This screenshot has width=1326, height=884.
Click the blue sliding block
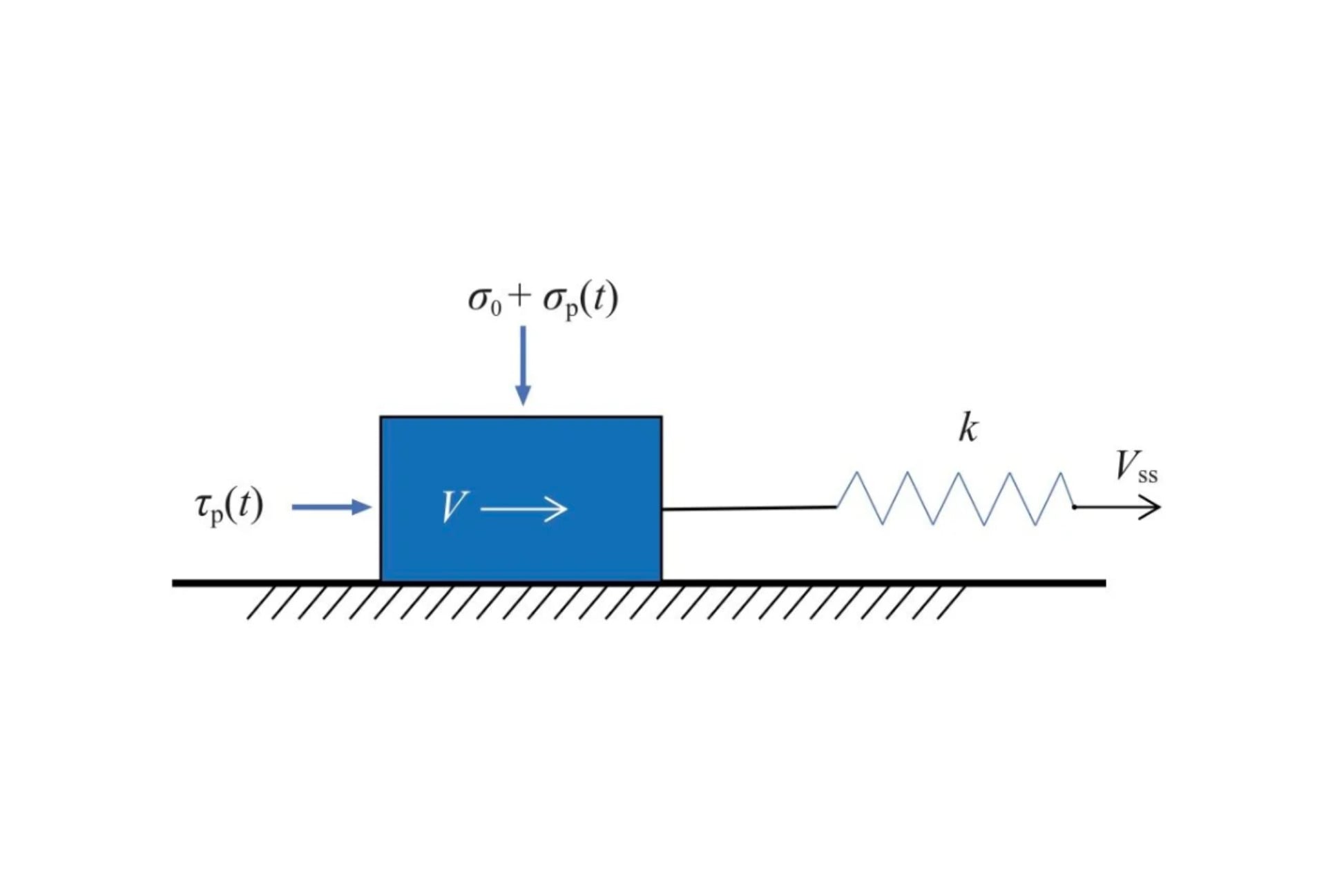[x=521, y=499]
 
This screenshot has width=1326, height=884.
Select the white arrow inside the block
[x=523, y=509]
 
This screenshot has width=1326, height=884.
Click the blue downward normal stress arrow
[x=523, y=365]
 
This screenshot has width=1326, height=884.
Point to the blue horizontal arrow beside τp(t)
[x=331, y=507]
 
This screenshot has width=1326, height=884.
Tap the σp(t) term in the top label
[x=580, y=300]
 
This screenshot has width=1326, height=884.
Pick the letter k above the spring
[x=968, y=427]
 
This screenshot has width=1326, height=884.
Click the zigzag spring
[x=955, y=499]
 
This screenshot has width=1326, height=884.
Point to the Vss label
[x=1137, y=466]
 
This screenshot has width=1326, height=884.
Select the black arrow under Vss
[x=1117, y=508]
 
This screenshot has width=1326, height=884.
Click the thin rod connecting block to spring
[x=749, y=508]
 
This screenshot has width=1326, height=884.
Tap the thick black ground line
[x=639, y=584]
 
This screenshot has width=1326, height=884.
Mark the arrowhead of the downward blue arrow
[x=523, y=395]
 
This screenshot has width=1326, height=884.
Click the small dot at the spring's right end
[x=1075, y=508]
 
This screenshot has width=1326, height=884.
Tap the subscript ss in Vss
[x=1148, y=476]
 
